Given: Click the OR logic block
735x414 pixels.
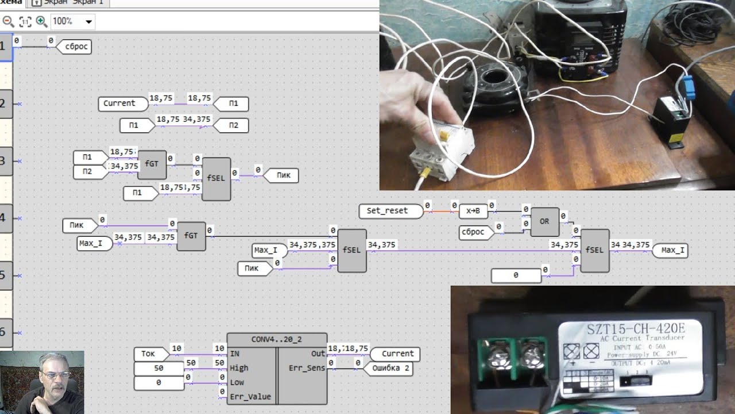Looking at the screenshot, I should (x=544, y=221).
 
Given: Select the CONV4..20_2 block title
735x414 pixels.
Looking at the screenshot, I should (x=277, y=339).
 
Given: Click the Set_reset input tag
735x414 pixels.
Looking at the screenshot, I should (x=387, y=211).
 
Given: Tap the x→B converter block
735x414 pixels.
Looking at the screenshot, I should (x=473, y=211).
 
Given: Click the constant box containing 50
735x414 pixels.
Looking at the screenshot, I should (x=158, y=368).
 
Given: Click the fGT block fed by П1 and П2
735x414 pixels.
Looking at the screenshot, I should (x=152, y=164).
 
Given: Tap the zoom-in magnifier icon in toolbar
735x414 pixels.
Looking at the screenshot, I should (x=41, y=21).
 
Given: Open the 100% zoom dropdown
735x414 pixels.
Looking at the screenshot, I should (x=88, y=22).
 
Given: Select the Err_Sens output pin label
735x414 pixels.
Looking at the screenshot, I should (x=307, y=368).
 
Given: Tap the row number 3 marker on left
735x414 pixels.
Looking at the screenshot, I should (x=3, y=161).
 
